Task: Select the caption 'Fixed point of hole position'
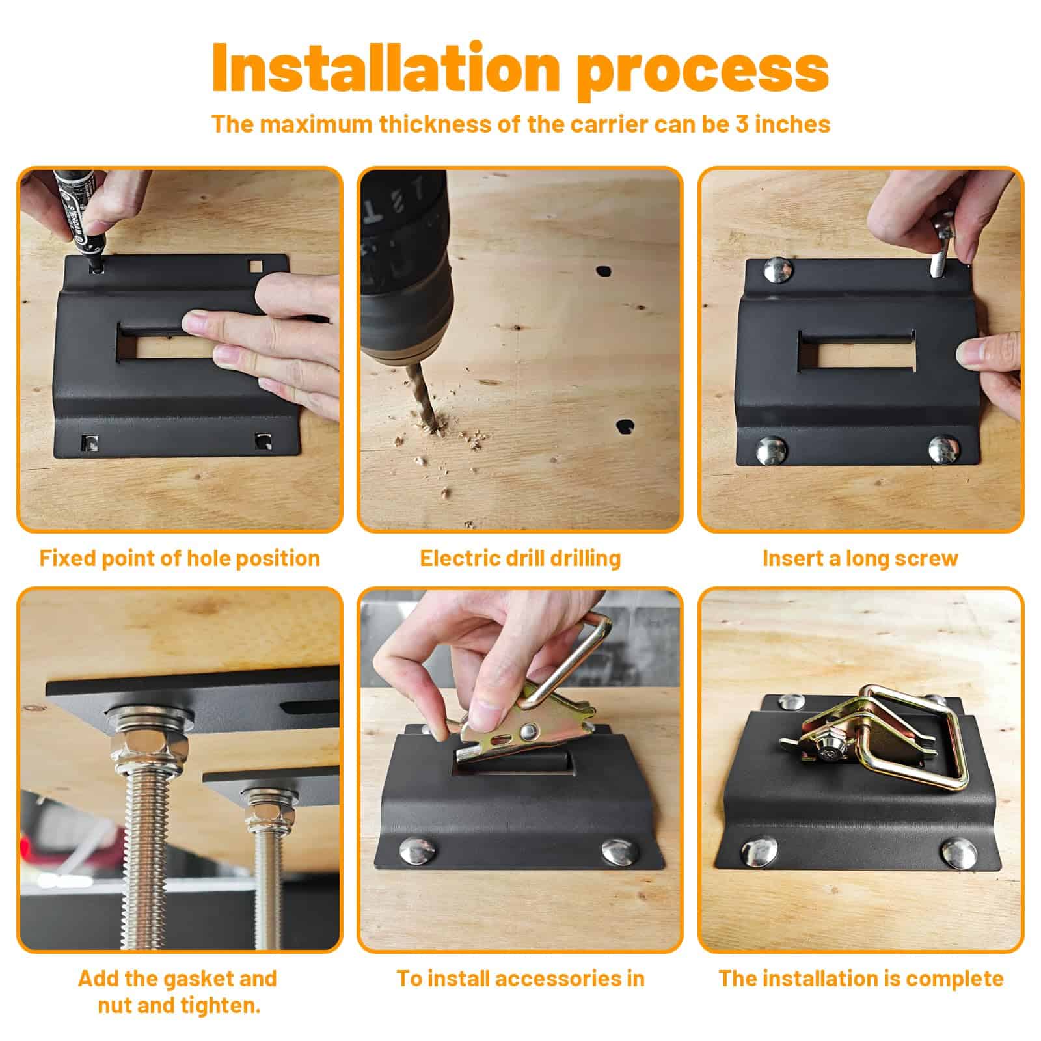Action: [180, 558]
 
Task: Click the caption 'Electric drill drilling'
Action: [520, 558]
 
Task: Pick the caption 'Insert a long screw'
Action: [860, 558]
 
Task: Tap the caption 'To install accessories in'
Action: [520, 979]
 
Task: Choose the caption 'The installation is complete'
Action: [861, 979]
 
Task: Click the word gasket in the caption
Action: [201, 979]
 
